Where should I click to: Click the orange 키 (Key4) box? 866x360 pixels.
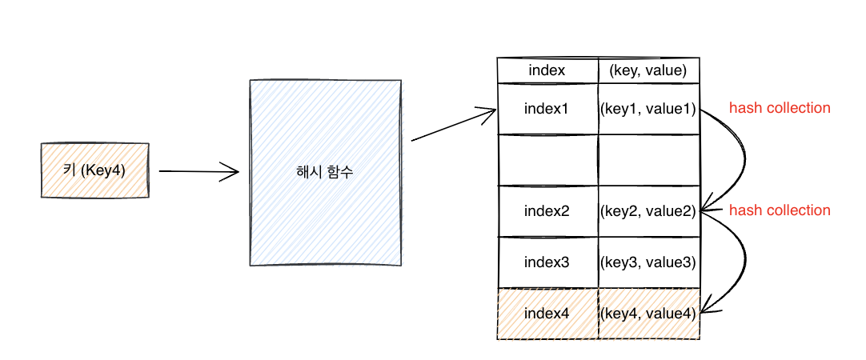95,170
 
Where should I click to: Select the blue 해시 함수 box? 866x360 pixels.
325,173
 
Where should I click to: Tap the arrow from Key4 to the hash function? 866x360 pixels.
198,171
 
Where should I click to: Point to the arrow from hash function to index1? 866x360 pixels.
454,125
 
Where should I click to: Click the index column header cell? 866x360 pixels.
547,70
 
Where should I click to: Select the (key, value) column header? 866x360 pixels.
649,70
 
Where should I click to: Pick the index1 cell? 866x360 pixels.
547,109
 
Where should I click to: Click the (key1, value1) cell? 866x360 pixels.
649,109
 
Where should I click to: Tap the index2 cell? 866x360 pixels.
547,211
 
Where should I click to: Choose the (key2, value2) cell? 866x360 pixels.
649,211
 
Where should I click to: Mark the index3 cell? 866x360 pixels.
547,262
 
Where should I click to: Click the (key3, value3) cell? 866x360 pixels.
649,262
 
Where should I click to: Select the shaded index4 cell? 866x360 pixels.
547,314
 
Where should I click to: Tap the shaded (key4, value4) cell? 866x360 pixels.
649,314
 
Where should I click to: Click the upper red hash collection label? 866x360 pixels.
780,108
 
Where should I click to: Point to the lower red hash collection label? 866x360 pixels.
780,210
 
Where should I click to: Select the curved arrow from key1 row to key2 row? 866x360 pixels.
746,160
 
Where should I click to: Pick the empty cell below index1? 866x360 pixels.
547,160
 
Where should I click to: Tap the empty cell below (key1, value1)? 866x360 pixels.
649,160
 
